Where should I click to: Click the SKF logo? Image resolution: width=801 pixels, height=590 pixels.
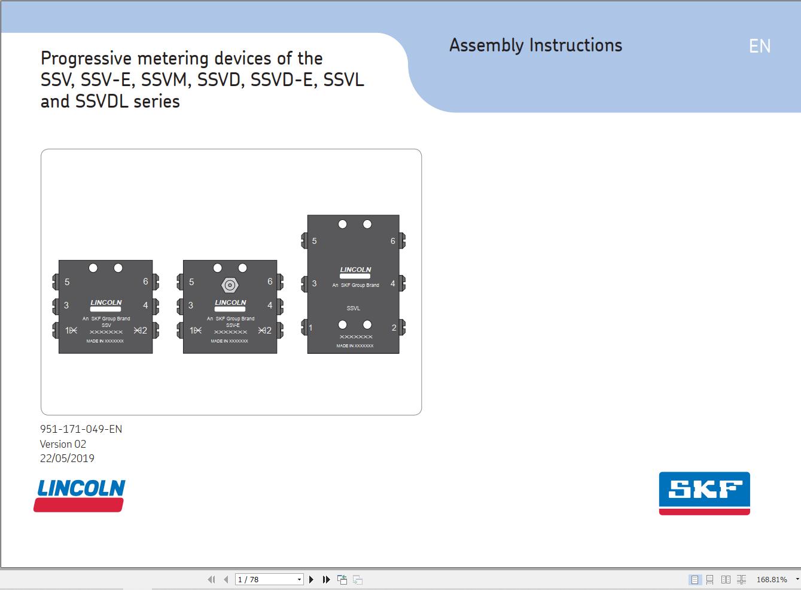click(705, 493)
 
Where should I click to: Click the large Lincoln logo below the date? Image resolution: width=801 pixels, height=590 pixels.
click(80, 496)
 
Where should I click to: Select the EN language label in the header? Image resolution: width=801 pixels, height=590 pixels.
click(760, 46)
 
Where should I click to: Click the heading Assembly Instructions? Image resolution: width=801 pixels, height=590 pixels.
click(535, 45)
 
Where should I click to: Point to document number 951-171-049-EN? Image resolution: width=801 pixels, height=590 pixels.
click(81, 429)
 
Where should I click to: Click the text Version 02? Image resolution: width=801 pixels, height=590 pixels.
click(63, 444)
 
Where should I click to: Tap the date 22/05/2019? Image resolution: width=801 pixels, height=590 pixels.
click(67, 458)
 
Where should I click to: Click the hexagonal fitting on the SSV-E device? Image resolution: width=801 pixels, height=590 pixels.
click(230, 285)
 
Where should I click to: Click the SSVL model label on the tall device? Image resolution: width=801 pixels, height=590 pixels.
click(354, 308)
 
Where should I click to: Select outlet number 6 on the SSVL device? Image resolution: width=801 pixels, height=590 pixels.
click(392, 241)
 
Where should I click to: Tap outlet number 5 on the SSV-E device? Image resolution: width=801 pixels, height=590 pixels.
click(191, 282)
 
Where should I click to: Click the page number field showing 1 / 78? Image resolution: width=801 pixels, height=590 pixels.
click(269, 579)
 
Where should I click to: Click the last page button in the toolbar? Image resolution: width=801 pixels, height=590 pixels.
click(326, 579)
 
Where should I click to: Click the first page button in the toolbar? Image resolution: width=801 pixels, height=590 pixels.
click(211, 579)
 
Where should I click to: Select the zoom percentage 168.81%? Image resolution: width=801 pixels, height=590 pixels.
click(772, 579)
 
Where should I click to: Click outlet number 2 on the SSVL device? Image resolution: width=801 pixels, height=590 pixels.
click(394, 328)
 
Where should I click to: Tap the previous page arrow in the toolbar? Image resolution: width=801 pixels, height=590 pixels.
click(226, 579)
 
